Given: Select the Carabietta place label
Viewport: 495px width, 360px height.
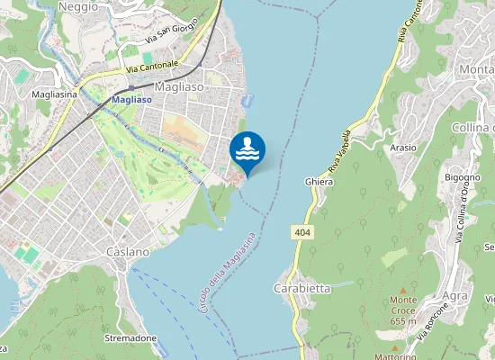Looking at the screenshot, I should click(x=301, y=289).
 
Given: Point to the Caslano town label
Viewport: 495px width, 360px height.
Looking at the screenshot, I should click(x=127, y=252).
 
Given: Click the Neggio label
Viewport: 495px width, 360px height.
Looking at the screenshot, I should click(x=77, y=6).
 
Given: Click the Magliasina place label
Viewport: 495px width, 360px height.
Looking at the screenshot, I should click(x=54, y=93).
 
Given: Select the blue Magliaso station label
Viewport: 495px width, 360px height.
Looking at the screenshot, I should click(x=130, y=101).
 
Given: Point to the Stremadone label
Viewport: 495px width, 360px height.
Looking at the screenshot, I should click(x=131, y=338).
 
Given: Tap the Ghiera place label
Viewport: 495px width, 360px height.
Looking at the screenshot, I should click(x=319, y=182).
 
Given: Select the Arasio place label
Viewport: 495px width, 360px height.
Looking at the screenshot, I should click(x=403, y=148).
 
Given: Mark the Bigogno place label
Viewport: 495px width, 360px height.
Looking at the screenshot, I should click(x=462, y=178).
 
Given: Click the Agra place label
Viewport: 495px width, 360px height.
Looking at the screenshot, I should click(x=455, y=295).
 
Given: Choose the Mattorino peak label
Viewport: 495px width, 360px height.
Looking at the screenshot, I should click(x=395, y=357).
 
